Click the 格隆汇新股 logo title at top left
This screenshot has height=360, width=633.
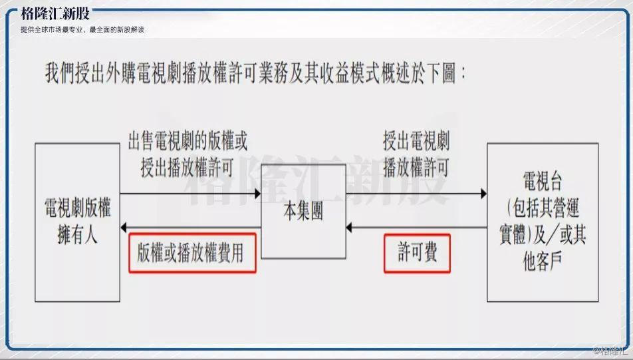coord(55,14)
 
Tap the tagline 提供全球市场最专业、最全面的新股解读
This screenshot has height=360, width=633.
coord(82,30)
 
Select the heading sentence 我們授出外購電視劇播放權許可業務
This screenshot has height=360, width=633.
coord(256,73)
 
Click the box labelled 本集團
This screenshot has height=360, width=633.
coord(303,211)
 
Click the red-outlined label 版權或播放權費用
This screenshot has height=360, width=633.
coord(192,254)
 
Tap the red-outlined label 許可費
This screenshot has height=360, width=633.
coord(417,254)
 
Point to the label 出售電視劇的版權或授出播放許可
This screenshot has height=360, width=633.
coord(187,154)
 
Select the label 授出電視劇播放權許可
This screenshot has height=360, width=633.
coord(416,154)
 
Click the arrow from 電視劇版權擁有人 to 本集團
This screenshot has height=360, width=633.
coord(190,194)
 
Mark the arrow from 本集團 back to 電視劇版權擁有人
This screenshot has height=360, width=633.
coord(190,228)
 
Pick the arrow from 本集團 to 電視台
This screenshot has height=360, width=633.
coord(416,194)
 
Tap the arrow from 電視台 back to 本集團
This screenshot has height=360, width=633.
coord(416,228)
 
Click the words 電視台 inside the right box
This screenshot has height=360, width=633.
coord(542,182)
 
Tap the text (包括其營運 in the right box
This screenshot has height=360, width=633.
coord(542,208)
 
